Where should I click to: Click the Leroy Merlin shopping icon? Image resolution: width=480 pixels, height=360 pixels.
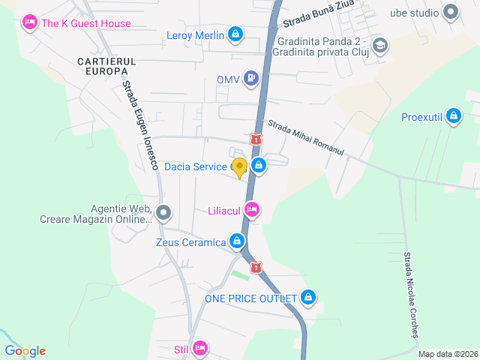(236, 34)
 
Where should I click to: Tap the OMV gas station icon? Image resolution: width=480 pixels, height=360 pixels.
(251, 78)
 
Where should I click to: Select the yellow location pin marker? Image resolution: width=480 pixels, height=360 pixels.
(239, 168)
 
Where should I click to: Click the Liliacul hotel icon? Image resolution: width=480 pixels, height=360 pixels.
(252, 211)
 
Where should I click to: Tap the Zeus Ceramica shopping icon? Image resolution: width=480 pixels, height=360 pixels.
(237, 241)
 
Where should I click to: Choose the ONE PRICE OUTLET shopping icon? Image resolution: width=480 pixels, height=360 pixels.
(308, 298)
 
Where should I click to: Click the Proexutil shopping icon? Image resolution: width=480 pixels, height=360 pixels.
(452, 116)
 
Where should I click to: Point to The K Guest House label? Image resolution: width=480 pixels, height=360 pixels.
(85, 23)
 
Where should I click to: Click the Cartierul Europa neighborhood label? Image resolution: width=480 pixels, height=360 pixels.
(105, 65)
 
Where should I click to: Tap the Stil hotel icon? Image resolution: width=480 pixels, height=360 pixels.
(199, 348)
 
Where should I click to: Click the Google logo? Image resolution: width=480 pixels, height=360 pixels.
(25, 350)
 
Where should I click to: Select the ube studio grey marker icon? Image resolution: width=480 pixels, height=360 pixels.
(450, 12)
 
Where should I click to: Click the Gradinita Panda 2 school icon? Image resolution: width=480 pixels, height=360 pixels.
(380, 46)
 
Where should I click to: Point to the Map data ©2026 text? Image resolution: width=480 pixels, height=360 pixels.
(447, 354)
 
